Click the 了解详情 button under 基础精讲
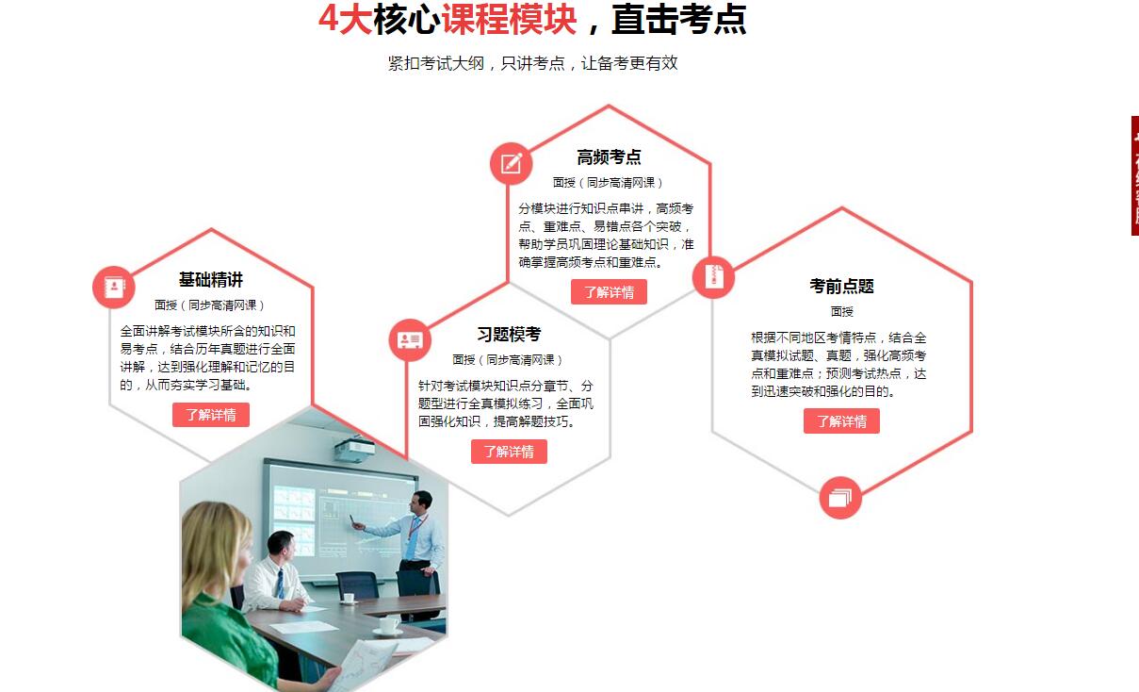point(211,415)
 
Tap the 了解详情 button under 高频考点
point(610,291)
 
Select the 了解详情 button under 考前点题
point(841,420)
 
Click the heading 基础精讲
point(211,279)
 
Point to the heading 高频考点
point(610,157)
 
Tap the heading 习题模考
point(509,335)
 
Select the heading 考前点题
point(841,286)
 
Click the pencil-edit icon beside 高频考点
point(511,163)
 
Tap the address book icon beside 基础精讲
point(114,288)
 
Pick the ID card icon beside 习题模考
point(410,340)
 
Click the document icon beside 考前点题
point(713,277)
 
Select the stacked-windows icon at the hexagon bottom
point(840,498)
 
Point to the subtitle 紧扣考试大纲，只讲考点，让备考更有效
point(532,63)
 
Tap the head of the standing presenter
point(423,503)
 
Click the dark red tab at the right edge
point(1135,175)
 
